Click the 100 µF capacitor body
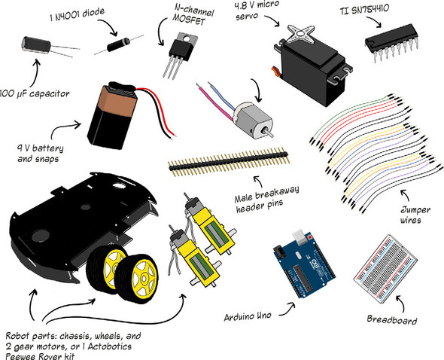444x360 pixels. pos(36,44)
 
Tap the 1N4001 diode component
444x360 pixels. pos(118,44)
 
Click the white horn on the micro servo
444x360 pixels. pos(301,35)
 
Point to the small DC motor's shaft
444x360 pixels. pos(268,133)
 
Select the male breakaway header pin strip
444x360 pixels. pos(229,162)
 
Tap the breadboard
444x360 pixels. pos(385,267)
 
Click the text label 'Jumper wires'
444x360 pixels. pos(415,215)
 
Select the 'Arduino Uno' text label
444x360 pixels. pos(248,316)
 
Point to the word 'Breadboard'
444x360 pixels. pos(392,319)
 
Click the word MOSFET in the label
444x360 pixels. pos(188,20)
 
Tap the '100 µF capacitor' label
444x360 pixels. pos(35,94)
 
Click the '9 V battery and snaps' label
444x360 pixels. pos(40,154)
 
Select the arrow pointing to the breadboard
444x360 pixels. pos(400,303)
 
